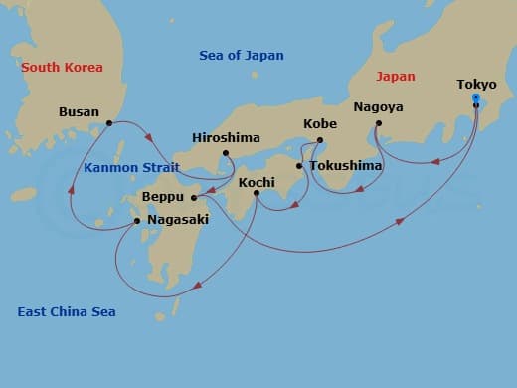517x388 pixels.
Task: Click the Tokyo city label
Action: (x=476, y=84)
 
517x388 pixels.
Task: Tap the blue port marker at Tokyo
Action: (x=476, y=97)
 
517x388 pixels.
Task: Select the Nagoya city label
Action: (x=378, y=106)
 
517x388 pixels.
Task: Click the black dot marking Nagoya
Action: (x=378, y=123)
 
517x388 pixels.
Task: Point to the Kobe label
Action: (x=319, y=124)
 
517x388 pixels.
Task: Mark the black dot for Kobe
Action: (x=319, y=140)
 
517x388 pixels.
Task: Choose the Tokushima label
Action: (x=345, y=165)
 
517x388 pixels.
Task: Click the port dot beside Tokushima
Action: (x=299, y=166)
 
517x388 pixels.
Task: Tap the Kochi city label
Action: (x=257, y=183)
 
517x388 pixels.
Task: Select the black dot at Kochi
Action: (x=257, y=194)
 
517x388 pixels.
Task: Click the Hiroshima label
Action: (x=227, y=138)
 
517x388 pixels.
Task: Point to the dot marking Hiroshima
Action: (x=227, y=153)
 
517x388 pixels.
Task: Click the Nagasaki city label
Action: (x=177, y=219)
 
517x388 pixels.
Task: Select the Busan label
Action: (x=79, y=112)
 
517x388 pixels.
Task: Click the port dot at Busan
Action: (x=108, y=123)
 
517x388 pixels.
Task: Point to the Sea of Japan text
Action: (x=242, y=56)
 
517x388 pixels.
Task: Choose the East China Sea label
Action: (x=67, y=312)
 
